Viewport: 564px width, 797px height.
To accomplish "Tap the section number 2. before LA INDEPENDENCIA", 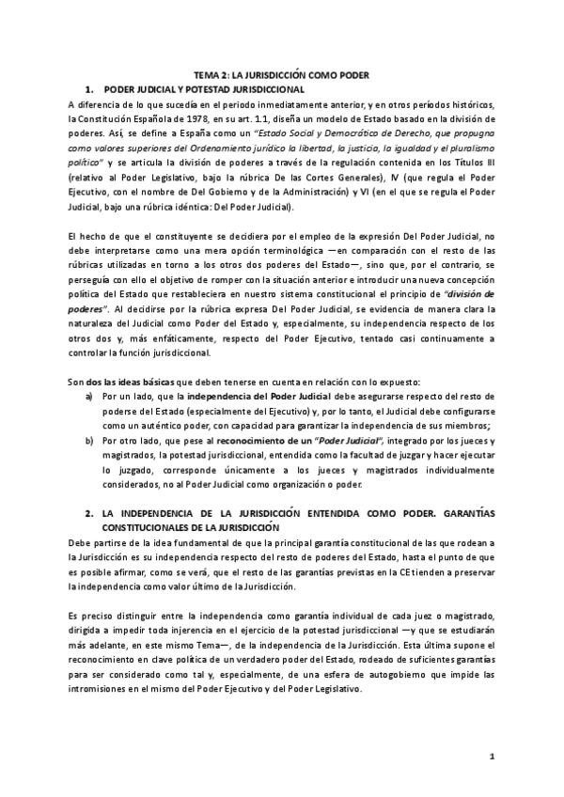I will [88, 514].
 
